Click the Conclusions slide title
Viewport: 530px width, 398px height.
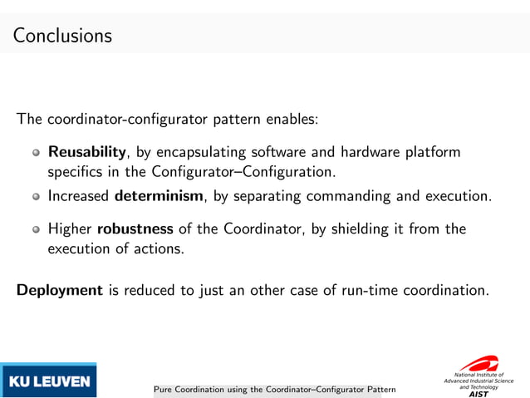[62, 37]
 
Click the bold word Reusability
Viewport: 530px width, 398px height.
[86, 153]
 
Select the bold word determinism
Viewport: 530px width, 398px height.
[158, 197]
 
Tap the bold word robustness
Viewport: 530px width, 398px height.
[135, 228]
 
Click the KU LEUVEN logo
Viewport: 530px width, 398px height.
[49, 381]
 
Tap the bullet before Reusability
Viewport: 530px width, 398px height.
[36, 154]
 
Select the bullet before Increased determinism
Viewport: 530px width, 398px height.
[36, 198]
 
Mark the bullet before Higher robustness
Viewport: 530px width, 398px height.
[36, 229]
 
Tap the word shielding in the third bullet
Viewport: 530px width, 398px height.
[356, 228]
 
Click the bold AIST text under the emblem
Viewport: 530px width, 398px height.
[479, 394]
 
